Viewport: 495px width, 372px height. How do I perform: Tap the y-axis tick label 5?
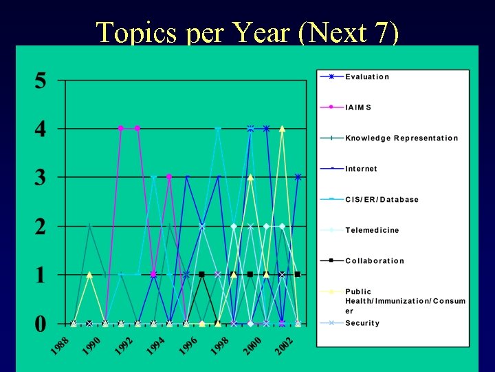tap(41, 81)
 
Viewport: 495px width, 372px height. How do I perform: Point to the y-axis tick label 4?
tap(41, 130)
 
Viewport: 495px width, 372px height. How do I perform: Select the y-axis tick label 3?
tap(41, 178)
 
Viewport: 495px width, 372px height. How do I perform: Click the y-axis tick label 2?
tap(41, 227)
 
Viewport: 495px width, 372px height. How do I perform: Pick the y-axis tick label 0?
tap(41, 323)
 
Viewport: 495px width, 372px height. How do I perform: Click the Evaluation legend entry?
tap(366, 76)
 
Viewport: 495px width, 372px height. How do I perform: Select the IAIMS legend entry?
tap(358, 107)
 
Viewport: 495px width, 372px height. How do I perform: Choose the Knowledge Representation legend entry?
tap(401, 138)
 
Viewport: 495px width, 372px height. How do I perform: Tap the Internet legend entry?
tap(361, 169)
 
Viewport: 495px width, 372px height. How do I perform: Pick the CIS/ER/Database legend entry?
tap(382, 200)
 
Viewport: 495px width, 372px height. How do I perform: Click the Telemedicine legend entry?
tap(371, 230)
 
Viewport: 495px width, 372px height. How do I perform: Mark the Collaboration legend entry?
tap(374, 261)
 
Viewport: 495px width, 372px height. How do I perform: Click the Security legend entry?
tap(362, 323)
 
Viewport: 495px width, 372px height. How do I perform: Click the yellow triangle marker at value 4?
tap(282, 129)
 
